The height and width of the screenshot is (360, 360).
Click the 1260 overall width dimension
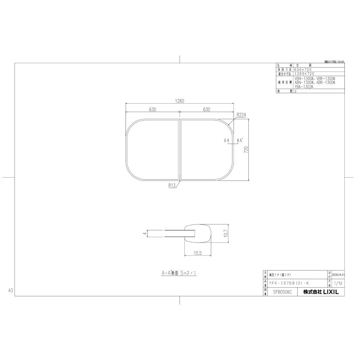click(x=180, y=101)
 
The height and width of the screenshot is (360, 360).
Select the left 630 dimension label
click(x=153, y=109)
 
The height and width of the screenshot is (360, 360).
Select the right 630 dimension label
click(x=207, y=109)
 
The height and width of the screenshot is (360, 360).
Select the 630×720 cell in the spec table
click(x=303, y=70)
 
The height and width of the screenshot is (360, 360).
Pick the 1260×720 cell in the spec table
click(x=304, y=74)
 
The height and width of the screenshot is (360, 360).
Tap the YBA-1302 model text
click(x=304, y=86)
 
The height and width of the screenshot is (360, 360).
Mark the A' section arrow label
click(x=241, y=140)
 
